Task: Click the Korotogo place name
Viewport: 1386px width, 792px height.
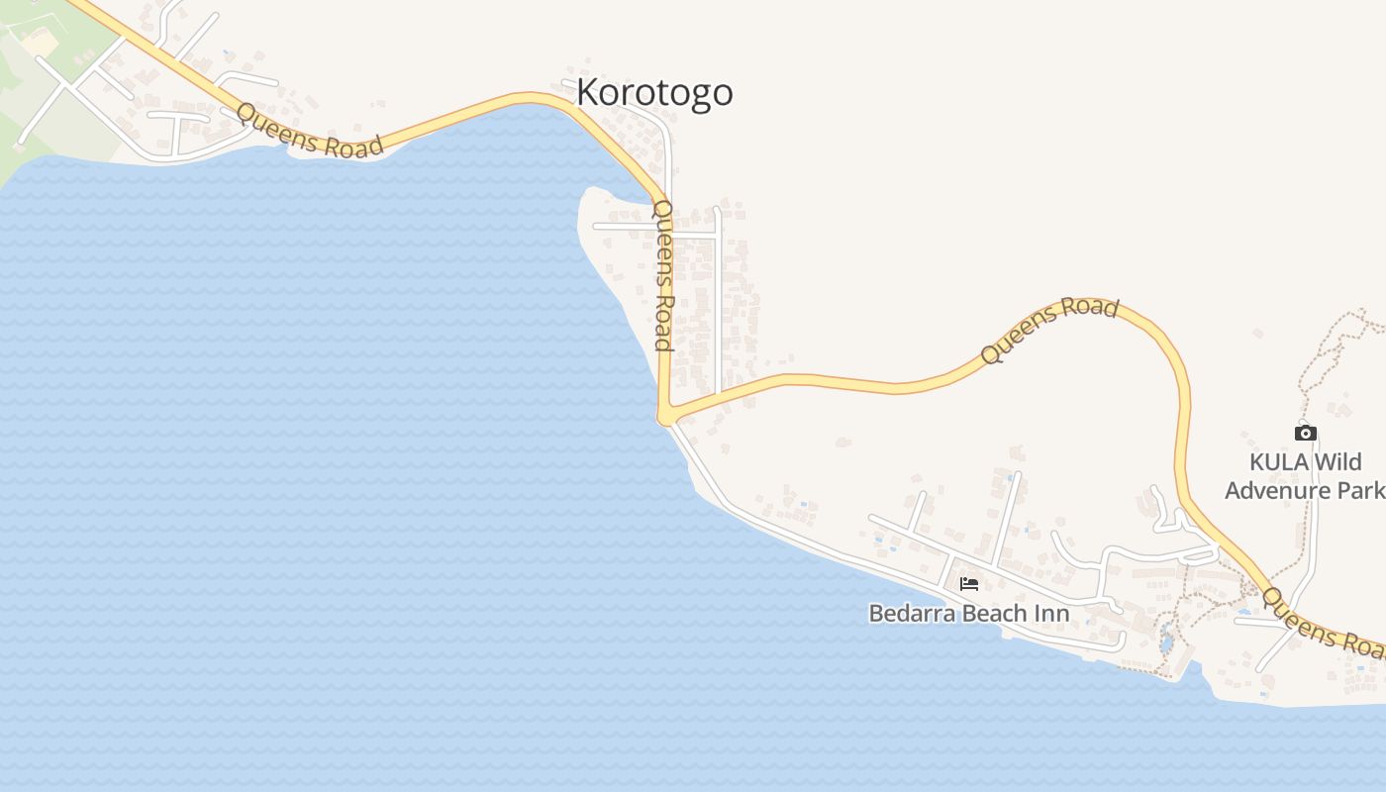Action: [654, 92]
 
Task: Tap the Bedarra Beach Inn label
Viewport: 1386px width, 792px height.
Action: [968, 614]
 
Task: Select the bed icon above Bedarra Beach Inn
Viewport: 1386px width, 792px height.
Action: [968, 584]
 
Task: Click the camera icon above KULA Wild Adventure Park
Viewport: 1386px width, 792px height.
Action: [1305, 433]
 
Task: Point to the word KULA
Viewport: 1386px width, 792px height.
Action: [1277, 462]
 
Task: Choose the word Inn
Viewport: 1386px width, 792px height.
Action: [1051, 614]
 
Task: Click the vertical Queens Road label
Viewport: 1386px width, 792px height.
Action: [663, 275]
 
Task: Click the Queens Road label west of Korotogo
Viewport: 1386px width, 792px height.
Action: [310, 132]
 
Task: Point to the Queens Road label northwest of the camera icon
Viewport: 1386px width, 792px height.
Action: [1049, 330]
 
